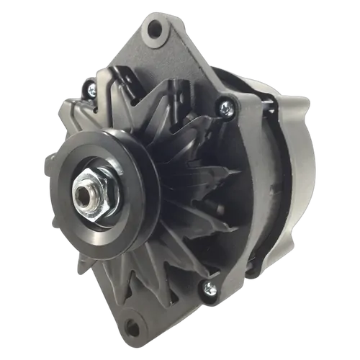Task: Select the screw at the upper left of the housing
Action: click(91, 88)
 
